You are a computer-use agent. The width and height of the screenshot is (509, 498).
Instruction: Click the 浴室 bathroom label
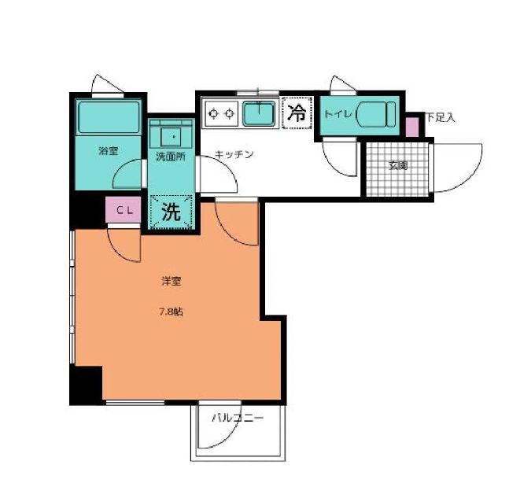[x=109, y=150]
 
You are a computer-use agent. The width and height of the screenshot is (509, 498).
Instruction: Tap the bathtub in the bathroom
[x=109, y=117]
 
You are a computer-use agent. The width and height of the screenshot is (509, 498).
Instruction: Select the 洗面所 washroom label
[x=171, y=157]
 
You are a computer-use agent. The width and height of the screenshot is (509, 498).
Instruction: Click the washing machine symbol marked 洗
[x=171, y=212]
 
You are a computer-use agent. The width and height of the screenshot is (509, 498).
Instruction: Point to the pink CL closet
[x=124, y=210]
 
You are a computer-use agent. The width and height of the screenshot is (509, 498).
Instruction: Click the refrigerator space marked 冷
[x=297, y=113]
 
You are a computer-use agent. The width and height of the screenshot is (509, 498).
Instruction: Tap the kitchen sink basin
[x=259, y=113]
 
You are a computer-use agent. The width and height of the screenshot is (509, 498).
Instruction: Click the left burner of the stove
[x=213, y=113]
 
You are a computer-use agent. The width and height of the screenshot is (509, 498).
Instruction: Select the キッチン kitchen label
[x=234, y=154]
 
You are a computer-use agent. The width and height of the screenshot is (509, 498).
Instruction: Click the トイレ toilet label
[x=338, y=114]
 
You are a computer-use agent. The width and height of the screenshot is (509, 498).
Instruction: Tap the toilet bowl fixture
[x=376, y=114]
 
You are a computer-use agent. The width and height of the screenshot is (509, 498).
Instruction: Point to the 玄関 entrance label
[x=398, y=165]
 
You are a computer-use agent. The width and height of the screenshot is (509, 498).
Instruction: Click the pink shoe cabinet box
[x=412, y=127]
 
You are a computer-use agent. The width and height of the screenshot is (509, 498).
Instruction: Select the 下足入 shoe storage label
[x=441, y=117]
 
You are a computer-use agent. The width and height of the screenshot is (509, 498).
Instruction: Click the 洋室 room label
[x=171, y=281]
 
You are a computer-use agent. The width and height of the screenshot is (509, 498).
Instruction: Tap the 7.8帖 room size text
[x=171, y=312]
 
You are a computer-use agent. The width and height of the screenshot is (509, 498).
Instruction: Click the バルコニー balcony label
[x=238, y=418]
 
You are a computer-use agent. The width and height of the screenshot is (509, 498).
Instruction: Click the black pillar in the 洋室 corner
[x=87, y=385]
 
